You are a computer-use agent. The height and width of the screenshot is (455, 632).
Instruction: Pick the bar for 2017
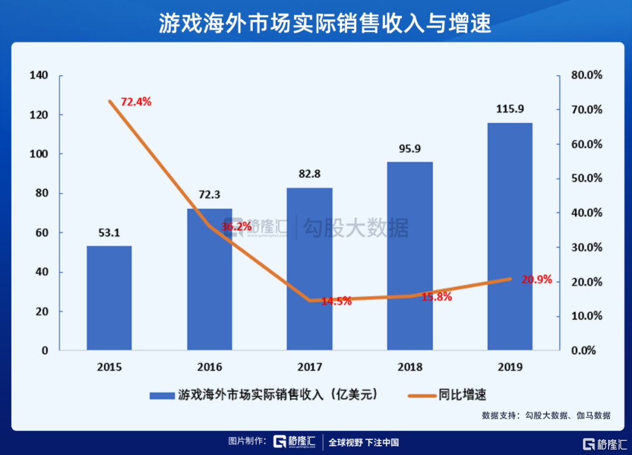click(x=310, y=269)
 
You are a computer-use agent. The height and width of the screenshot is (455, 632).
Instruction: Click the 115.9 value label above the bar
click(x=510, y=110)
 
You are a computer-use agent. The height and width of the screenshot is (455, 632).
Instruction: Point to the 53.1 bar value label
click(x=109, y=233)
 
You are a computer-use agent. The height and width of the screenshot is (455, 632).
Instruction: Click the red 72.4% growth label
click(x=136, y=102)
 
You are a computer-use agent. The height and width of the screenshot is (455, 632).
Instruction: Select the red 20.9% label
click(x=537, y=279)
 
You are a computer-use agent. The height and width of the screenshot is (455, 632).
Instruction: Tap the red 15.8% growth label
click(x=437, y=297)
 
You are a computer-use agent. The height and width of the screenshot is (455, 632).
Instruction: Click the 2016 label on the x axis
click(x=209, y=367)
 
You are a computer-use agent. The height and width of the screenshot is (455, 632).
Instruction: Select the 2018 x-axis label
click(x=410, y=367)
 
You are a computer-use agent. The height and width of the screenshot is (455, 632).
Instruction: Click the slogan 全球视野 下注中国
click(x=363, y=442)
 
